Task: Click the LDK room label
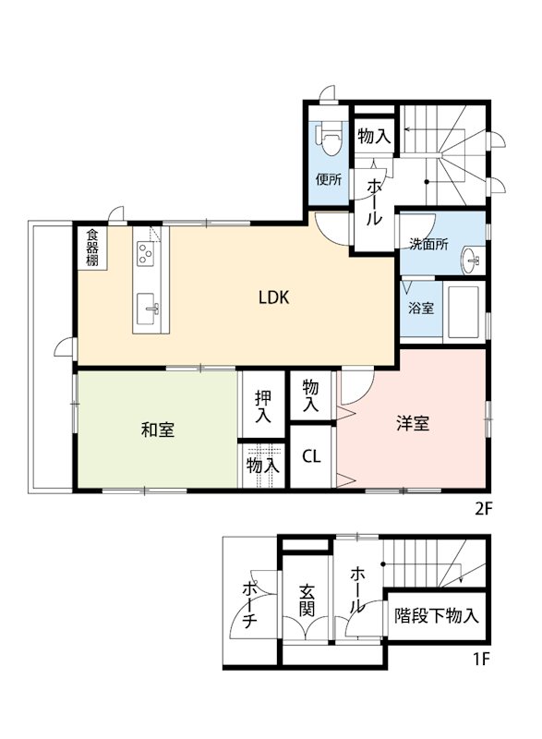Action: coord(274,297)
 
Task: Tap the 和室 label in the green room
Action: coord(159,430)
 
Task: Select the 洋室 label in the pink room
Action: coord(413,424)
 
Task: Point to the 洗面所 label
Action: coord(429,245)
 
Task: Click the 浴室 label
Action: coord(420,309)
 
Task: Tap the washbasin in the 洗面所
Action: coord(472,260)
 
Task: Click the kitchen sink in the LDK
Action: coord(149,309)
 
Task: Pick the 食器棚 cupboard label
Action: coord(92,247)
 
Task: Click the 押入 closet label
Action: coord(264,407)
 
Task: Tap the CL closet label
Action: coord(312,456)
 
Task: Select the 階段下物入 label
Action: coord(436,616)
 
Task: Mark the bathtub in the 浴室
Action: coord(463,313)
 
